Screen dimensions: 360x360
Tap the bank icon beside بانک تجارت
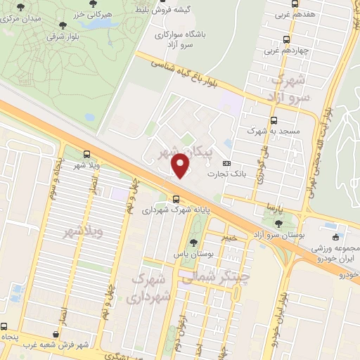point(226,160)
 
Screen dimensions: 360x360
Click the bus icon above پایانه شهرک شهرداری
point(176,198)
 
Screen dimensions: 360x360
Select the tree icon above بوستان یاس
point(193,243)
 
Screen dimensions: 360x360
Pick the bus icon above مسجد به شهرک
point(274,120)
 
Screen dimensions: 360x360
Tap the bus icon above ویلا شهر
point(86,155)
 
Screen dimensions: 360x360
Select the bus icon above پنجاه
point(4,327)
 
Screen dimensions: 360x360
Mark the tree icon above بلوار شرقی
point(63,25)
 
